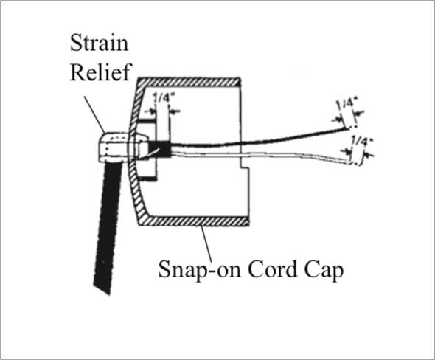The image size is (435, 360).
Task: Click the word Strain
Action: pyautogui.click(x=99, y=43)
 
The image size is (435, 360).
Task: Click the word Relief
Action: pyautogui.click(x=100, y=72)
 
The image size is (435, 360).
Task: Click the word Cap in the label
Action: pyautogui.click(x=324, y=270)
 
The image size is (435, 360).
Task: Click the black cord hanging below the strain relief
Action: pyautogui.click(x=108, y=228)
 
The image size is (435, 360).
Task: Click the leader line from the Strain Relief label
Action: pyautogui.click(x=94, y=114)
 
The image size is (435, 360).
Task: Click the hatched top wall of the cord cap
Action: pyautogui.click(x=189, y=82)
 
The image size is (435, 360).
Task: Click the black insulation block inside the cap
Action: pyautogui.click(x=160, y=149)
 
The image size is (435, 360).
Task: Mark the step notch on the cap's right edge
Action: pyautogui.click(x=245, y=167)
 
